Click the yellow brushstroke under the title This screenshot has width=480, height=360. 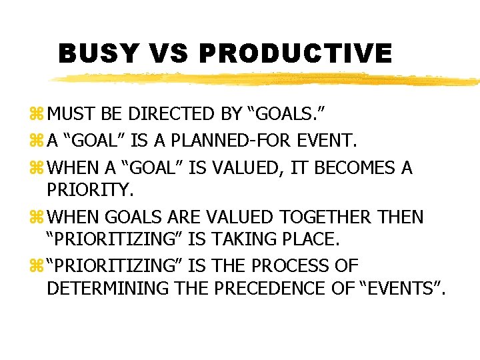[267, 79]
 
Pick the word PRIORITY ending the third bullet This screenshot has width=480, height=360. [90, 191]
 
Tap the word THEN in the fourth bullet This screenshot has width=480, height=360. [399, 217]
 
